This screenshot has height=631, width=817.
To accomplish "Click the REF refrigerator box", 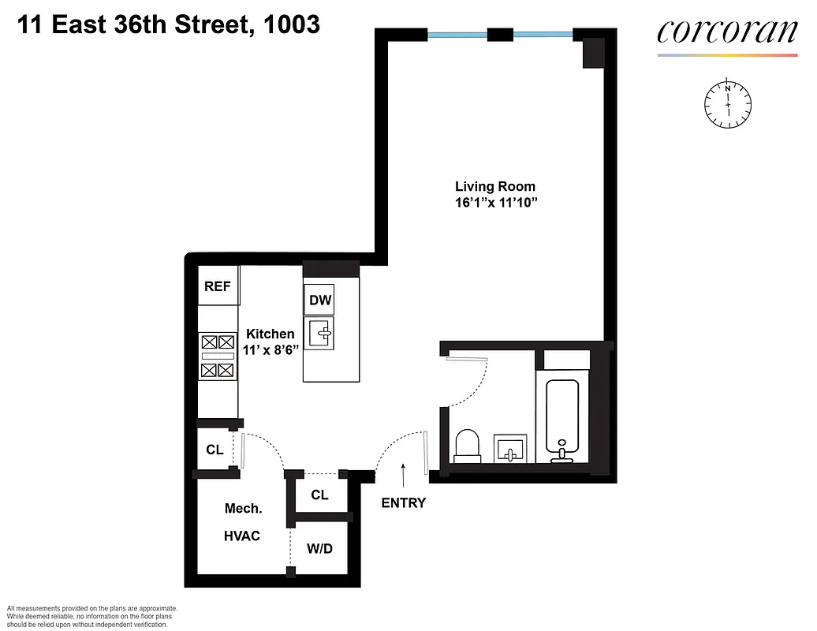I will pyautogui.click(x=218, y=286).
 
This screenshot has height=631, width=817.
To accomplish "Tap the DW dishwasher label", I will pyautogui.click(x=319, y=300).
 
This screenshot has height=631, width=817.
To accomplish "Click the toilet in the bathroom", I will pyautogui.click(x=468, y=446).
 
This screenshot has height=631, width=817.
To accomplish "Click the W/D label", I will pyautogui.click(x=319, y=547).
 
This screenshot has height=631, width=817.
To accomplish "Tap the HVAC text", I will pyautogui.click(x=242, y=536).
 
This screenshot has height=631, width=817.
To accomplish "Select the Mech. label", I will pyautogui.click(x=243, y=509).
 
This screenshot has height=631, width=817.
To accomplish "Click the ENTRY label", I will pyautogui.click(x=404, y=503).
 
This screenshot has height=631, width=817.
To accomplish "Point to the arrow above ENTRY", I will pyautogui.click(x=404, y=476).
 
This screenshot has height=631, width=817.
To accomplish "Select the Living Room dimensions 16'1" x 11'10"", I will pyautogui.click(x=495, y=203).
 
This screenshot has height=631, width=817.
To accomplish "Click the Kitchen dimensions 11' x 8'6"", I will pyautogui.click(x=270, y=349).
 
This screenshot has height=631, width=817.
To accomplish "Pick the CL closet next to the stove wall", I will pyautogui.click(x=215, y=450).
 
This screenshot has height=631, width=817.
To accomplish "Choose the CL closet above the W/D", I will pyautogui.click(x=319, y=495).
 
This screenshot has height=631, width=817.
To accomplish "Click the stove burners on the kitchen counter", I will pyautogui.click(x=218, y=356).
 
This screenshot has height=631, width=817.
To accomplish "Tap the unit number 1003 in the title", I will pyautogui.click(x=293, y=24).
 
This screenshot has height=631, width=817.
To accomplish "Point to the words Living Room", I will pyautogui.click(x=495, y=187).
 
